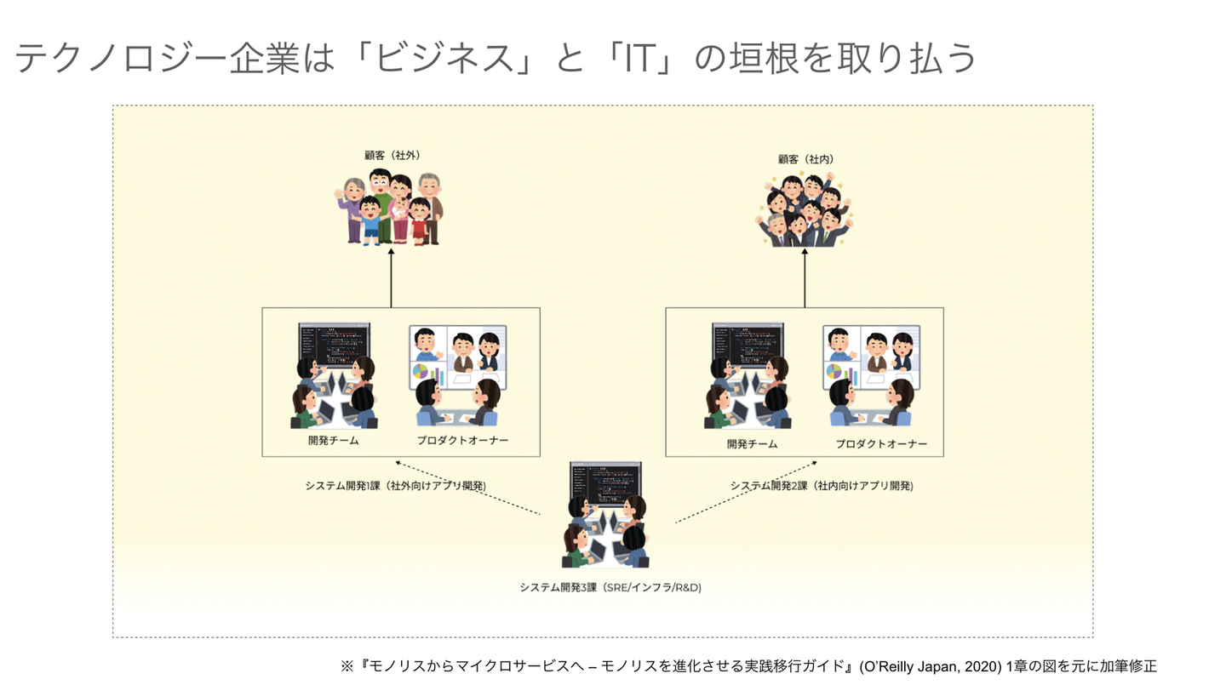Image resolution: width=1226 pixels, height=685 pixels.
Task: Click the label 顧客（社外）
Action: point(392,156)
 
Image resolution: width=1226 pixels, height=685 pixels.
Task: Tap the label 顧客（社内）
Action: point(805,159)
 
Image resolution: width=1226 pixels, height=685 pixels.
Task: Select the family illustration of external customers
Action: point(389,207)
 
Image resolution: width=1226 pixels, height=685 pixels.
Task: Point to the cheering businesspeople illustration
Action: point(804,209)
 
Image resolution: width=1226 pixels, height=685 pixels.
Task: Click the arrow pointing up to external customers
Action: point(391,278)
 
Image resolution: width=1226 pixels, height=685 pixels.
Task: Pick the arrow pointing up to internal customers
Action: point(805,278)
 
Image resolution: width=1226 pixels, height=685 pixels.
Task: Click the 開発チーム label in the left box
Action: point(334,441)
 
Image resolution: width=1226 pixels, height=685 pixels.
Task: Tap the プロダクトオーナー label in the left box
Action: point(462,441)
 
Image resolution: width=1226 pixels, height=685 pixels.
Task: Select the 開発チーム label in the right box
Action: point(752,444)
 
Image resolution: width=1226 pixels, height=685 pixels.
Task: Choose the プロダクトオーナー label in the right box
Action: point(881,444)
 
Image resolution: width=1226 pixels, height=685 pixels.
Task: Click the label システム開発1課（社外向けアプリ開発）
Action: point(396,486)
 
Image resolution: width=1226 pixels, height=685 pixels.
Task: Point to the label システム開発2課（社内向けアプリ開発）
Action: point(822,486)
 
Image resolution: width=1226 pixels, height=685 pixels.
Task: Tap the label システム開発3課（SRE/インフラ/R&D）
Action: point(610,588)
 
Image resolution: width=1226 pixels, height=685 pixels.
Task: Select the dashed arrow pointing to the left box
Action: point(468,488)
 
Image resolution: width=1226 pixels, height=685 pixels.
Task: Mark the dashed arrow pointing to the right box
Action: point(747,492)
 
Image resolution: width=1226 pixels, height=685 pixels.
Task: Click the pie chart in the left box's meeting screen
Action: point(420,372)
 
